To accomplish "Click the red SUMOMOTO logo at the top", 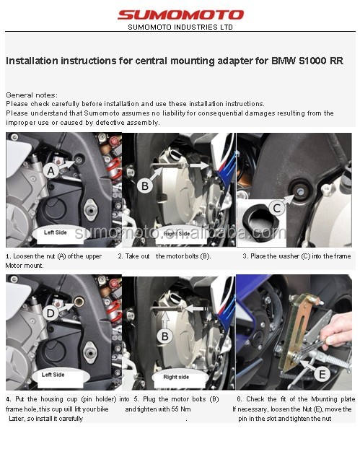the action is click(180, 14).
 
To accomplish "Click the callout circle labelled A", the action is click(51, 171).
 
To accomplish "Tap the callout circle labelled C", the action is click(277, 208).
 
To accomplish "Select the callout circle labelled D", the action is click(51, 313).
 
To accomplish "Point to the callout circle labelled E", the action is click(322, 374).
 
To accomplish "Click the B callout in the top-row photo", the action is click(145, 186).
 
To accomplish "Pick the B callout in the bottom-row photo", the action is click(164, 336).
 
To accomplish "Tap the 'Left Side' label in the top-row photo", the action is click(56, 232).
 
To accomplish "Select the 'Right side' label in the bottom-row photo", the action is click(176, 377).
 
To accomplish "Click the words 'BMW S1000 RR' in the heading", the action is click(307, 61).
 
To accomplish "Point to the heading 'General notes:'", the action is click(32, 95).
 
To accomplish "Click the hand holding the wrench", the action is click(336, 331).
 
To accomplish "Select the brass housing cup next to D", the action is click(79, 302).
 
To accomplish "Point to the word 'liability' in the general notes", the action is click(173, 113).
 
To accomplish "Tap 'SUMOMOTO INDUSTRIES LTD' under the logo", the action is click(180, 27).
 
